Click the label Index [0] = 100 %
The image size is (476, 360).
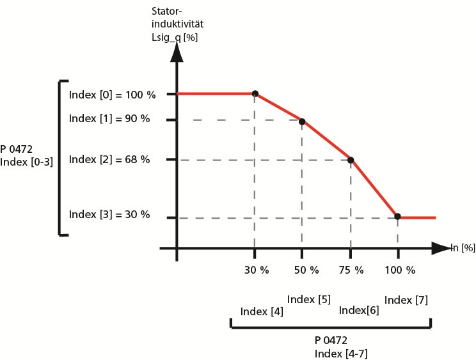click(x=112, y=95)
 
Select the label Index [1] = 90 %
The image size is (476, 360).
click(x=109, y=118)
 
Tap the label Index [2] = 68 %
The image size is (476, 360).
click(x=109, y=159)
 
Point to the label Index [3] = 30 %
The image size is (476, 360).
click(x=109, y=214)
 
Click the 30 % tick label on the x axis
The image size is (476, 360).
click(x=256, y=269)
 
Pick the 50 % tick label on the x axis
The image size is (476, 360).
click(x=305, y=269)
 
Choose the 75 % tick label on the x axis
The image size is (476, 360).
click(x=351, y=269)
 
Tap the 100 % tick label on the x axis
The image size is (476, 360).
click(x=401, y=269)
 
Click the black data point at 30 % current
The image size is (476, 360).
click(x=255, y=94)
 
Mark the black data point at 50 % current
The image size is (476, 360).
click(x=302, y=121)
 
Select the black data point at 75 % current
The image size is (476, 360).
click(x=351, y=160)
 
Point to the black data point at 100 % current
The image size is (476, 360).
click(x=398, y=217)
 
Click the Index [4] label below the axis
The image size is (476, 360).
click(x=262, y=311)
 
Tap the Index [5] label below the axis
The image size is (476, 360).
click(x=308, y=299)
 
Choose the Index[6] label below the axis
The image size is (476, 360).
click(x=358, y=310)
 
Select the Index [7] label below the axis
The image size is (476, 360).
click(x=406, y=299)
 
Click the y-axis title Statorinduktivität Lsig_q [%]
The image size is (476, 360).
click(x=177, y=24)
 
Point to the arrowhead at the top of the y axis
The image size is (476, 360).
click(x=177, y=53)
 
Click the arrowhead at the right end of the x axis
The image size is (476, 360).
click(x=442, y=247)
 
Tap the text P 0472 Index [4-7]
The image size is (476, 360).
click(x=340, y=346)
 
